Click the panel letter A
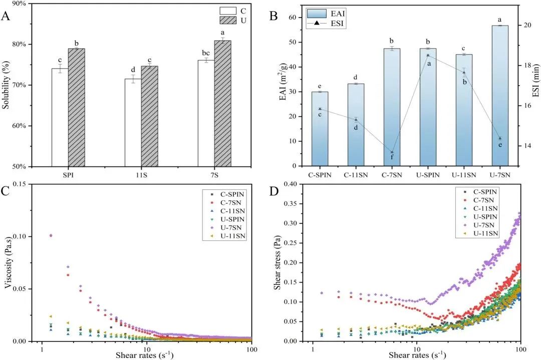pos(6,16)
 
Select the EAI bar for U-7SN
pos(500,95)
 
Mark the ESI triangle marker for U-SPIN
pos(428,55)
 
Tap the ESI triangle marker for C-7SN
pos(392,152)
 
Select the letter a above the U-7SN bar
pos(500,20)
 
